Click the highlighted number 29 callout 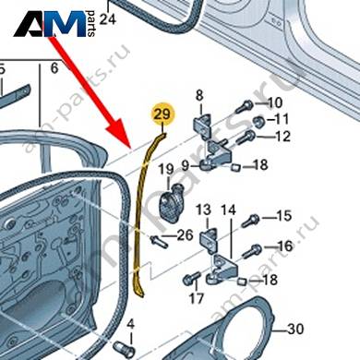click(162, 114)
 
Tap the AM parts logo click(54, 24)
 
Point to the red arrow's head click(121, 137)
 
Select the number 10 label click(275, 102)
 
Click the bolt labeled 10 click(245, 106)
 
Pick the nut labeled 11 click(258, 122)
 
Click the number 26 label click(185, 235)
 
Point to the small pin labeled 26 click(159, 241)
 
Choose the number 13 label click(204, 210)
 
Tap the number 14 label click(228, 210)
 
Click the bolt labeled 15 click(250, 221)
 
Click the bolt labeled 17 click(191, 278)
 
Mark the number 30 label click(295, 329)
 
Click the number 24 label click(108, 19)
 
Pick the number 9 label click(185, 166)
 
